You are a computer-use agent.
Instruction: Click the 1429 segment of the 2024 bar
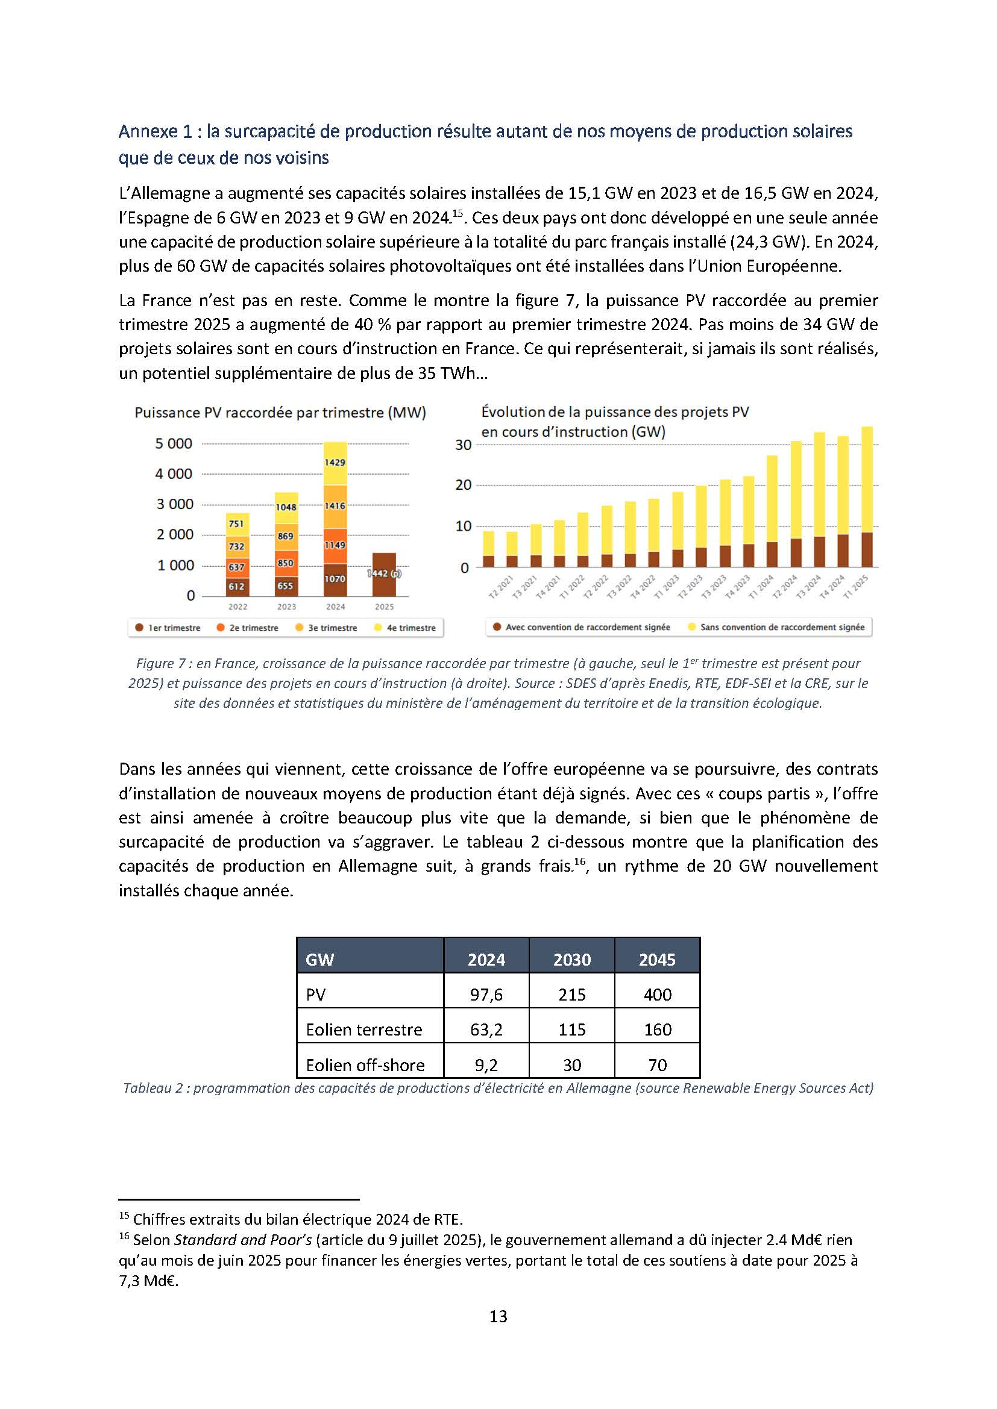pos(335,462)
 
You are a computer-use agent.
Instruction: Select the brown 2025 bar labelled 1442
pos(384,574)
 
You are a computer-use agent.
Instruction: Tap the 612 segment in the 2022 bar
pos(237,587)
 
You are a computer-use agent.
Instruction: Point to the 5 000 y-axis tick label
pos(173,444)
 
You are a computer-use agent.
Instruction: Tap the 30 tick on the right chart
pos(464,445)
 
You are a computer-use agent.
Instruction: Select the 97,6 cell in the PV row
pos(486,995)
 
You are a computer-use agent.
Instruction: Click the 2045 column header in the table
pos(657,960)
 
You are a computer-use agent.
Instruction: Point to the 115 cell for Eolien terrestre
pos(571,1029)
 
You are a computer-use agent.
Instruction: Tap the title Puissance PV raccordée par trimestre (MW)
pos(280,413)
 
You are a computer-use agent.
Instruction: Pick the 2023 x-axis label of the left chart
pos(286,607)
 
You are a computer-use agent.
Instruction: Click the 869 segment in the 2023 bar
pos(286,536)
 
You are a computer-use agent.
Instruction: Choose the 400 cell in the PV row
pos(657,995)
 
